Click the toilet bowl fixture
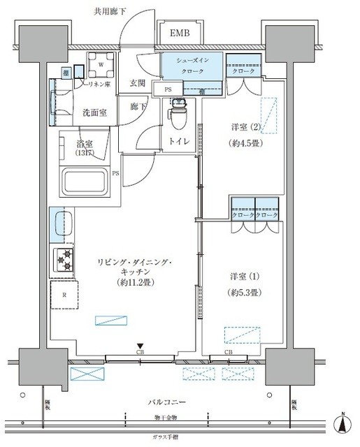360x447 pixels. click(x=179, y=114)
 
